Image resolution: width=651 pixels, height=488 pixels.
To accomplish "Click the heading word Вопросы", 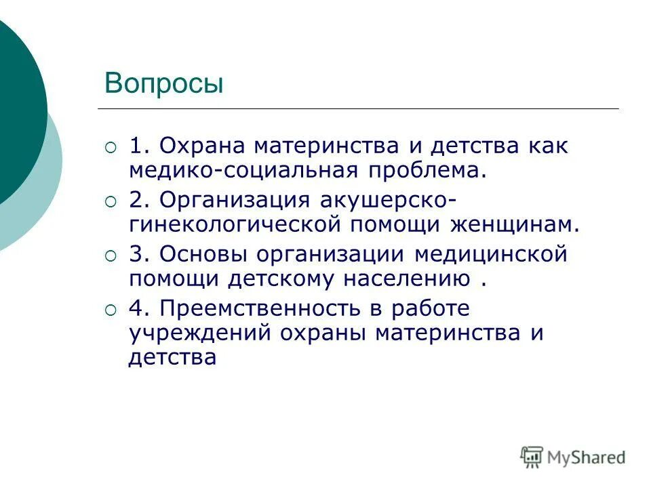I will pyautogui.click(x=163, y=83).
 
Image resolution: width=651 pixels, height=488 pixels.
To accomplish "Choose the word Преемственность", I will pyautogui.click(x=258, y=308).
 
